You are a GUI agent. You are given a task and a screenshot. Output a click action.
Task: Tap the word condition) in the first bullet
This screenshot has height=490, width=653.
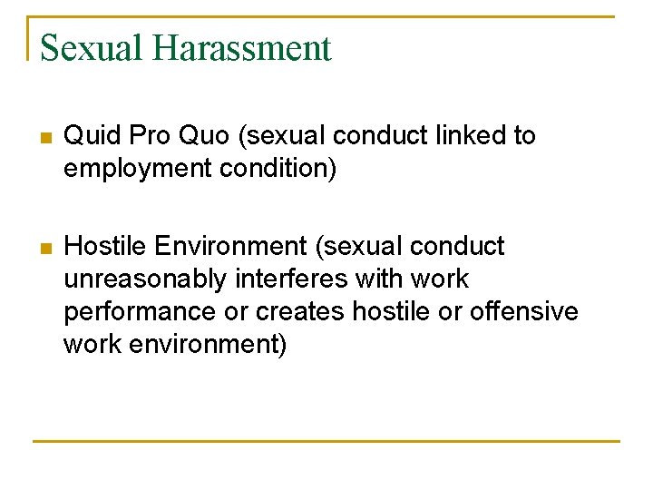(281, 169)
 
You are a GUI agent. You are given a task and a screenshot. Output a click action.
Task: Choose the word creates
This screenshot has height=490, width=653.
(300, 311)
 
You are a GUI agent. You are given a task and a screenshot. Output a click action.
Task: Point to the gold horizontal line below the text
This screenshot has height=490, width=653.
(326, 441)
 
